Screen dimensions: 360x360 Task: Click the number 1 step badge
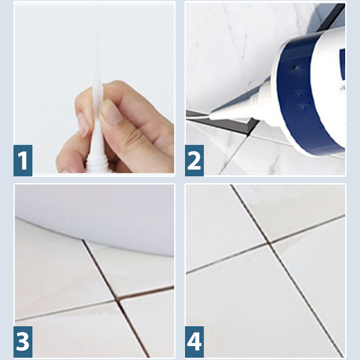click(x=23, y=160)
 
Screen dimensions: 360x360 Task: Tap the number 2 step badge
click(x=194, y=160)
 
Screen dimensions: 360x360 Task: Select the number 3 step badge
click(x=23, y=342)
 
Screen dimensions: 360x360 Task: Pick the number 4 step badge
click(x=194, y=342)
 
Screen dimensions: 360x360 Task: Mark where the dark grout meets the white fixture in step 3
click(x=83, y=242)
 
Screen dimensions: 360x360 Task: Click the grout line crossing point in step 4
click(x=269, y=244)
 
